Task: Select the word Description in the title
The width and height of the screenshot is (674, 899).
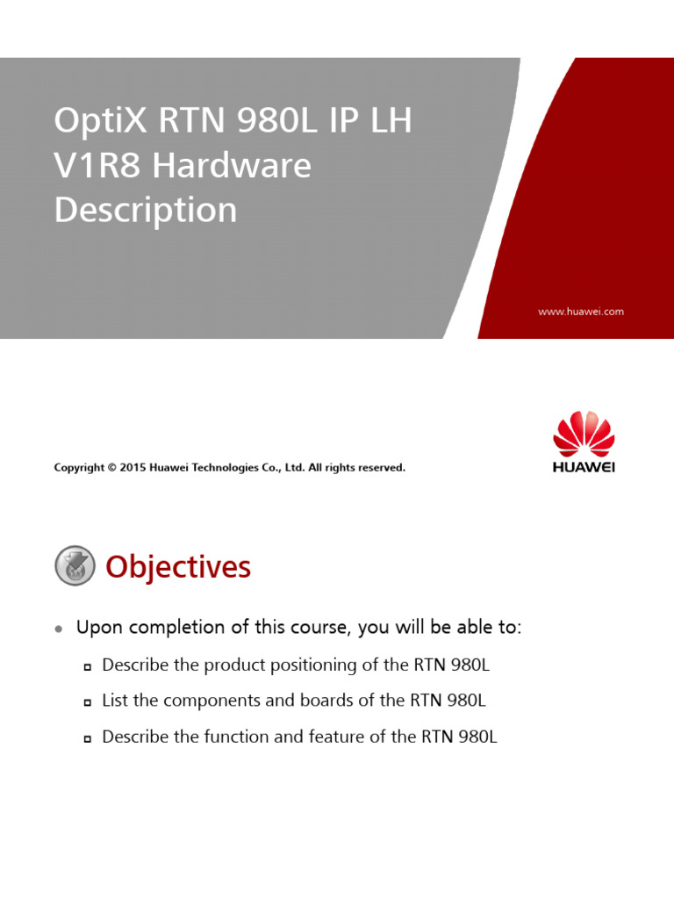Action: (x=146, y=210)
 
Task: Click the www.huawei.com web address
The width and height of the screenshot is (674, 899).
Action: (x=581, y=312)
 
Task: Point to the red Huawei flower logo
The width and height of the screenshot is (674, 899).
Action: (x=584, y=435)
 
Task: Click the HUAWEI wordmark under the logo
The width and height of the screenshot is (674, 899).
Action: (x=584, y=467)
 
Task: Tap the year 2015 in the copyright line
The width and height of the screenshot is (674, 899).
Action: (x=133, y=468)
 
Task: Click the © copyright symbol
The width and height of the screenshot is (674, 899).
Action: (x=112, y=468)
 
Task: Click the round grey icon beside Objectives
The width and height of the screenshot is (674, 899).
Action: (x=75, y=565)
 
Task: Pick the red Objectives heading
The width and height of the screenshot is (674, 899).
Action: (x=178, y=567)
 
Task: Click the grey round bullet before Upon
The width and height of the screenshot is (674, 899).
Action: (x=59, y=629)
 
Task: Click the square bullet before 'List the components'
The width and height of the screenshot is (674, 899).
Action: (x=88, y=702)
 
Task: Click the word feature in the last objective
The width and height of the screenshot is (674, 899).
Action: (x=331, y=737)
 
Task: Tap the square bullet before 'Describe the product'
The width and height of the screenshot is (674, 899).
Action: (x=88, y=666)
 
